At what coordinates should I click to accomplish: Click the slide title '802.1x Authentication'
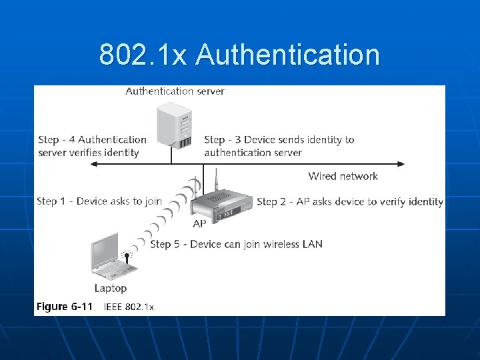click(x=239, y=55)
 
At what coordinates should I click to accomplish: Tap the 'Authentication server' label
click(x=175, y=91)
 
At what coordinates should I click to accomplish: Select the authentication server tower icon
click(x=174, y=124)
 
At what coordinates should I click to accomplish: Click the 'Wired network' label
click(x=343, y=177)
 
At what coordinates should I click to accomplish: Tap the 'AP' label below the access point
click(x=199, y=225)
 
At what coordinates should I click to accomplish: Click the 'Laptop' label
click(x=110, y=288)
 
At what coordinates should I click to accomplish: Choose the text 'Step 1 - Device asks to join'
click(x=99, y=201)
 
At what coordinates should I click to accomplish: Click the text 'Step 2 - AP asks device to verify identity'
click(x=350, y=201)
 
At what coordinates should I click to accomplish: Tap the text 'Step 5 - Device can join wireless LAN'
click(x=237, y=244)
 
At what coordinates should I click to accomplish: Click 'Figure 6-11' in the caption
click(x=64, y=307)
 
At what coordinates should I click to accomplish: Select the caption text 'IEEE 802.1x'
click(x=129, y=307)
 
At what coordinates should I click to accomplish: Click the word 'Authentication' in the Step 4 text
click(x=112, y=140)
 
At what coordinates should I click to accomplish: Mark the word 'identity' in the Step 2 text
click(x=423, y=201)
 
